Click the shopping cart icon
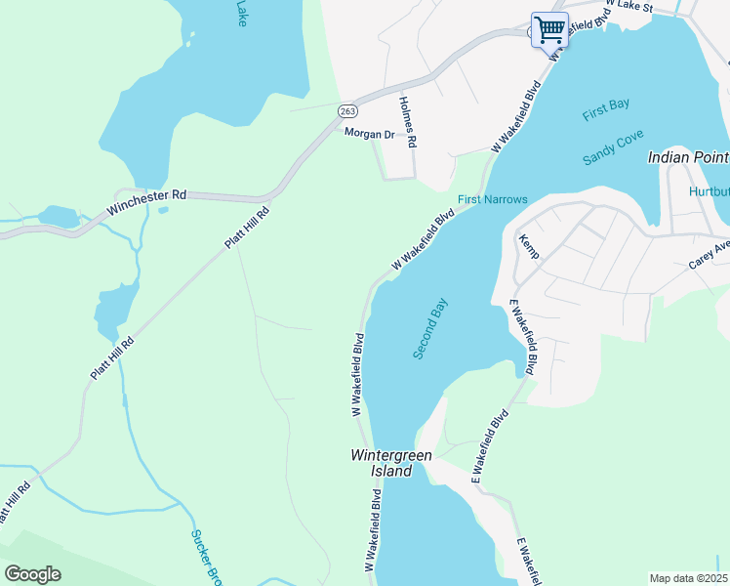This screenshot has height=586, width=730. click(x=549, y=29)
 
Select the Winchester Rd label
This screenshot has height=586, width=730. click(x=146, y=195)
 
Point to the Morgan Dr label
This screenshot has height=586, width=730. click(x=368, y=135)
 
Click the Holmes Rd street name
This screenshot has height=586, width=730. click(x=408, y=122)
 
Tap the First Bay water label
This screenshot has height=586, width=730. click(x=606, y=109)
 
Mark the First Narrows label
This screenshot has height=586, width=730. click(x=493, y=200)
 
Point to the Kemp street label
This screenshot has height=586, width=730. click(x=529, y=247)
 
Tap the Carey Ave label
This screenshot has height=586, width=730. click(x=710, y=256)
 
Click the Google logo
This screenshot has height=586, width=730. click(x=32, y=574)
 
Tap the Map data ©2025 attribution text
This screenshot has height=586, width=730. click(x=688, y=578)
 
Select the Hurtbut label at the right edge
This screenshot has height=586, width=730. click(x=709, y=191)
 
